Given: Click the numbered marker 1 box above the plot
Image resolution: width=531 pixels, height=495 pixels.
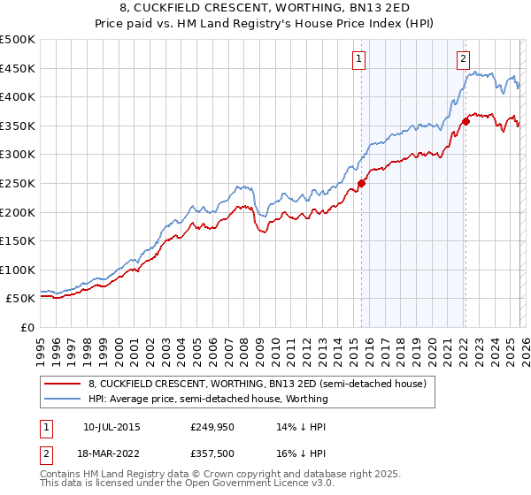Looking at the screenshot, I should coord(359,59).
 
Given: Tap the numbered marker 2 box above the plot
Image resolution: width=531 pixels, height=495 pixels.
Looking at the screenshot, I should coord(463,59).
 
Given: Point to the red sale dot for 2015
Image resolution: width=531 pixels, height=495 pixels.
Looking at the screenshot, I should coord(361,184).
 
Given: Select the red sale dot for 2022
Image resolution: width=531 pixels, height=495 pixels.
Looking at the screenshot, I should coord(466,122).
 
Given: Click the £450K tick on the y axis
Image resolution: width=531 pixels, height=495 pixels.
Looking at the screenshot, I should coord(18,68).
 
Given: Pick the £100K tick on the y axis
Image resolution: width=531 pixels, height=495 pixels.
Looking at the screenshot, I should coord(18,270).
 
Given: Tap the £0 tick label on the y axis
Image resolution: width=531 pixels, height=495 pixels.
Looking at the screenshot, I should coord(27,327).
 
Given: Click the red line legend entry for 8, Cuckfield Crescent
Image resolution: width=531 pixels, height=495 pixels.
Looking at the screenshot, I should coord(258,385).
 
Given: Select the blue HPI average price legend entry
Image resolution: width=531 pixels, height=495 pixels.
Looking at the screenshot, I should coord(208,399).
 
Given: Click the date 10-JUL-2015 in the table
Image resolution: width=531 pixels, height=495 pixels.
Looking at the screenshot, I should coord(112,427).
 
